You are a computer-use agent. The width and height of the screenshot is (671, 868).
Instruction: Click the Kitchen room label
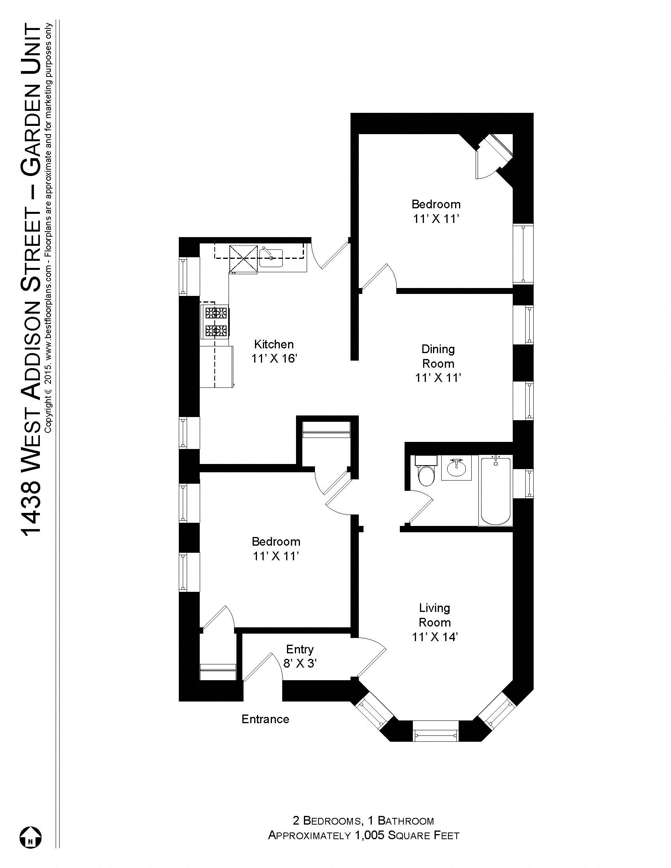point(274,344)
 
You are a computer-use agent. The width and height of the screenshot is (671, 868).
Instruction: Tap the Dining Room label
point(438,356)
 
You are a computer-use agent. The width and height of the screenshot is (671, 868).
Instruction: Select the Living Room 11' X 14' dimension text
point(435,637)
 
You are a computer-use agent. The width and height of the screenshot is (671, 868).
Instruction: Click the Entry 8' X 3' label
point(300,656)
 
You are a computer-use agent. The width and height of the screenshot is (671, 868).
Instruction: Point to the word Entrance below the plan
point(265,719)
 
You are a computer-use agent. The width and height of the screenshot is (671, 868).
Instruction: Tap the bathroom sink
point(456,469)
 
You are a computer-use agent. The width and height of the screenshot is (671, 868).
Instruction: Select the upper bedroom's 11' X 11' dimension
point(436,219)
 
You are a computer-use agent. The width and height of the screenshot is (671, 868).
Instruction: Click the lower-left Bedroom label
point(276,541)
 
